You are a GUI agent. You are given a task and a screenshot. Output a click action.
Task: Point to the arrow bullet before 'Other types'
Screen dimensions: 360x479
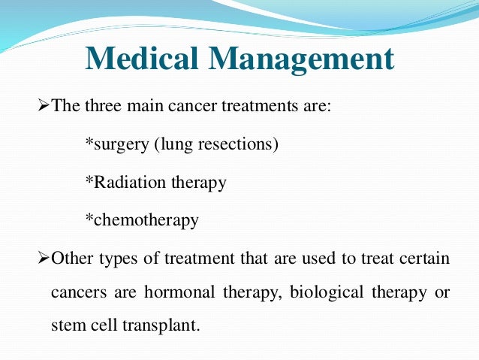(x=43, y=259)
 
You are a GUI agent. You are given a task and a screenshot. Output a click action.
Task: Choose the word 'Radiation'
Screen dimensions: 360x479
(x=124, y=182)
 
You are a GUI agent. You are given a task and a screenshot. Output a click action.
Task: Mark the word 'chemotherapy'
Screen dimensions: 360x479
(x=145, y=221)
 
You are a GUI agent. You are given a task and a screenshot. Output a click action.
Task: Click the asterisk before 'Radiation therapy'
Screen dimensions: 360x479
(x=89, y=181)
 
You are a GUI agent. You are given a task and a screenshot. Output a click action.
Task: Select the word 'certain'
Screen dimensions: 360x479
(x=425, y=259)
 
